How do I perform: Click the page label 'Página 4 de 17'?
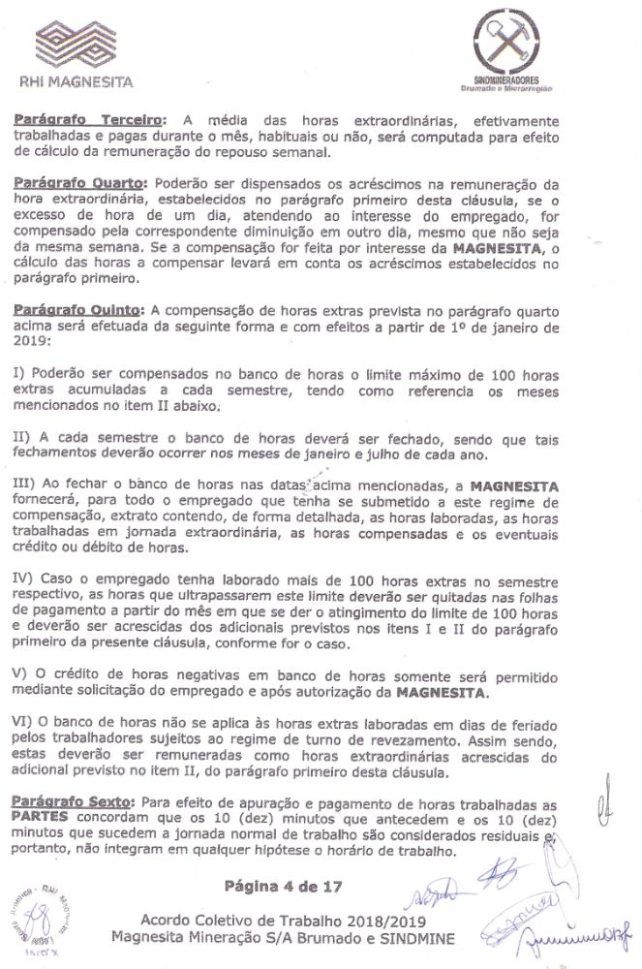pos(283,885)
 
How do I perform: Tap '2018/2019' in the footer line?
pos(378,919)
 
